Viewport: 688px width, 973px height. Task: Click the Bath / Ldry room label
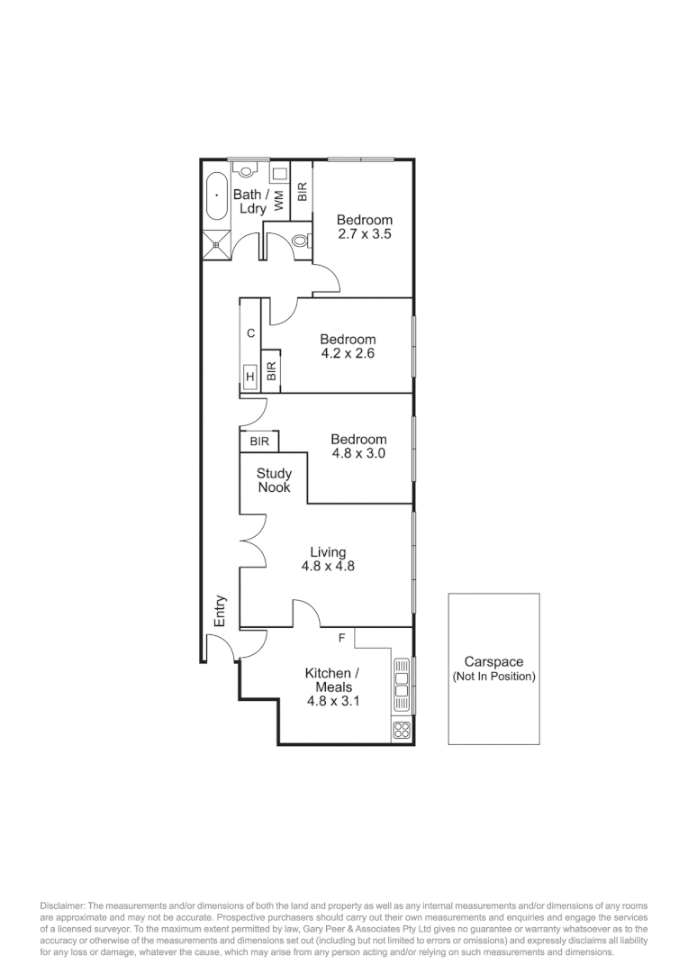pyautogui.click(x=248, y=201)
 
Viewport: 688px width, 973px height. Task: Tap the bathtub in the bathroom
pyautogui.click(x=217, y=196)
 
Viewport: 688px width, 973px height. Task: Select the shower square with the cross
pyautogui.click(x=217, y=241)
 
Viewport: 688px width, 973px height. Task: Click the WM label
pyautogui.click(x=279, y=200)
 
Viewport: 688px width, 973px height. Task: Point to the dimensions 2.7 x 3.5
pyautogui.click(x=364, y=233)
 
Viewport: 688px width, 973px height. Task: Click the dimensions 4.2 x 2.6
pyautogui.click(x=347, y=353)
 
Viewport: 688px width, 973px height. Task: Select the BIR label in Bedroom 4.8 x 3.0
pyautogui.click(x=259, y=441)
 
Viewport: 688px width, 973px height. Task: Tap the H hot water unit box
pyautogui.click(x=249, y=376)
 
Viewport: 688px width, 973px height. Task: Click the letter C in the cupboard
pyautogui.click(x=250, y=333)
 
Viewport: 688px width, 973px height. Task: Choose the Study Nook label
pyautogui.click(x=274, y=480)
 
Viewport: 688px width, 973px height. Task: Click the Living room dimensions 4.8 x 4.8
pyautogui.click(x=328, y=567)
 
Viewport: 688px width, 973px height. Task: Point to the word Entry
pyautogui.click(x=220, y=611)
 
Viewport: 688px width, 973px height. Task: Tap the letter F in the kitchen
pyautogui.click(x=341, y=638)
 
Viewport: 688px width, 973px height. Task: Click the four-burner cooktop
pyautogui.click(x=402, y=731)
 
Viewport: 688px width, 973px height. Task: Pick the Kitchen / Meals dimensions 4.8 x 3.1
pyautogui.click(x=332, y=700)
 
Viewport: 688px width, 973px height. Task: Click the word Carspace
pyautogui.click(x=493, y=661)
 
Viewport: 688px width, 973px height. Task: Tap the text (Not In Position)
pyautogui.click(x=493, y=677)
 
